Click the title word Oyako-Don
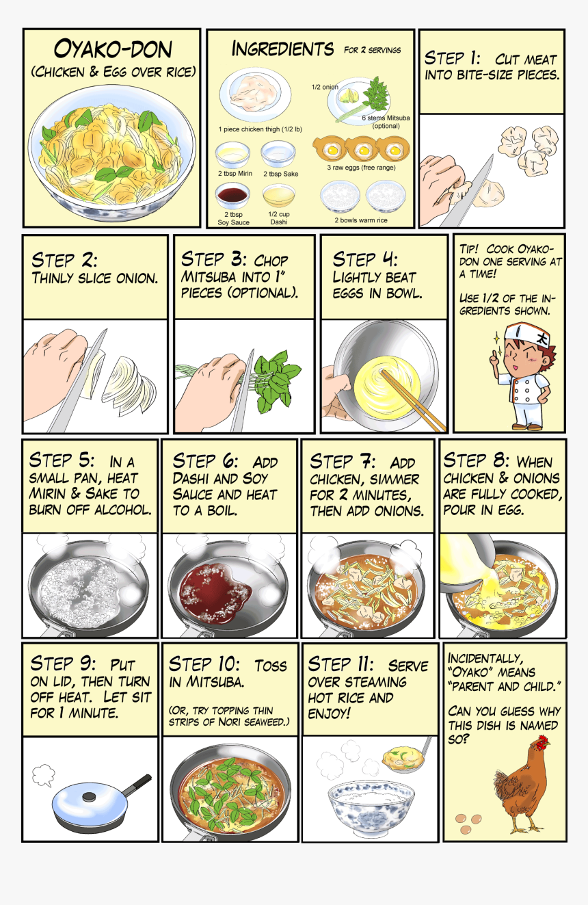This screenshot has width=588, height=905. [x=113, y=49]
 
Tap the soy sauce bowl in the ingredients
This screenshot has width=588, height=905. [x=232, y=196]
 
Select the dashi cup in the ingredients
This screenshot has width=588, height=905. [x=278, y=196]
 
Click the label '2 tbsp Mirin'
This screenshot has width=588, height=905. [x=235, y=173]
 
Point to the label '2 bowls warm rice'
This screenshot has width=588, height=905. [x=360, y=220]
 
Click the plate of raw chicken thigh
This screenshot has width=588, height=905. [x=255, y=95]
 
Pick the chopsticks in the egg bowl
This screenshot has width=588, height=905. [x=413, y=400]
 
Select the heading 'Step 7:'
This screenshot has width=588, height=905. [x=343, y=461]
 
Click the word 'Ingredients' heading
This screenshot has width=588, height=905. [x=282, y=49]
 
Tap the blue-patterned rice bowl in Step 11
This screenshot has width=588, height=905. [x=371, y=809]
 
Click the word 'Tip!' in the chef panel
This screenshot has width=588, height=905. [x=468, y=249]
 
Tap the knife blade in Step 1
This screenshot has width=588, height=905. [x=468, y=190]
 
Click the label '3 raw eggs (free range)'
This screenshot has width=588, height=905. [x=362, y=168]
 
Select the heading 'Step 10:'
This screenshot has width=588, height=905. [x=204, y=664]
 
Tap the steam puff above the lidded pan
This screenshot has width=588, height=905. [x=43, y=774]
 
